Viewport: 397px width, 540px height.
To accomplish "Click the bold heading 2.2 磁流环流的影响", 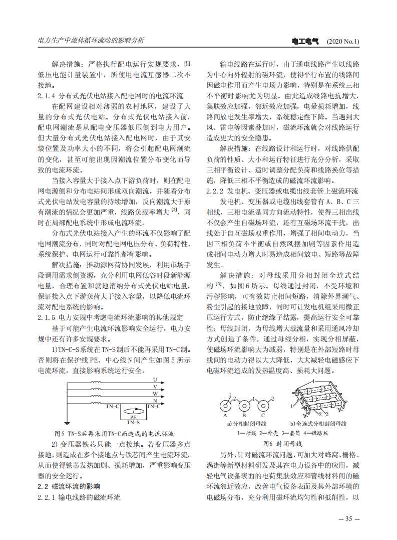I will pos(69,486).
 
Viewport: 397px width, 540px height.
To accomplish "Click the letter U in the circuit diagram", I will pos(155,380).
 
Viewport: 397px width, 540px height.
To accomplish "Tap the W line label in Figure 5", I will pos(155,394).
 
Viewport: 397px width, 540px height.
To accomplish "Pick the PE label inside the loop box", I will pos(133,417).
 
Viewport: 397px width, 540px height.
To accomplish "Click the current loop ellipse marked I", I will pos(133,411).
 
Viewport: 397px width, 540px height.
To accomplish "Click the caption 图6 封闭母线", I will pos(283,444).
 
